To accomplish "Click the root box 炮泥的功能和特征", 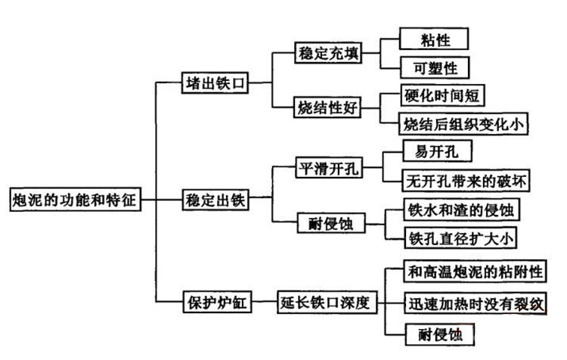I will [x=74, y=200].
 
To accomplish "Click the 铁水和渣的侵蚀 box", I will [x=463, y=209].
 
